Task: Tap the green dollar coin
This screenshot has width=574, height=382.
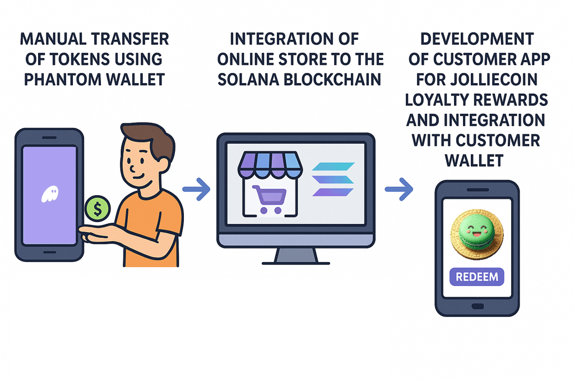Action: [x=98, y=209]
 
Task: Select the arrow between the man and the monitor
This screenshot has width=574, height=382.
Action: [x=196, y=190]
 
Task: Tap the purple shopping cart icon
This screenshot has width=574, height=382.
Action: [x=269, y=199]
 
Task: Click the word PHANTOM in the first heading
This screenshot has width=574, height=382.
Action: [x=63, y=79]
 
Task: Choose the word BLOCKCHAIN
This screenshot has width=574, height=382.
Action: [x=339, y=79]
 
